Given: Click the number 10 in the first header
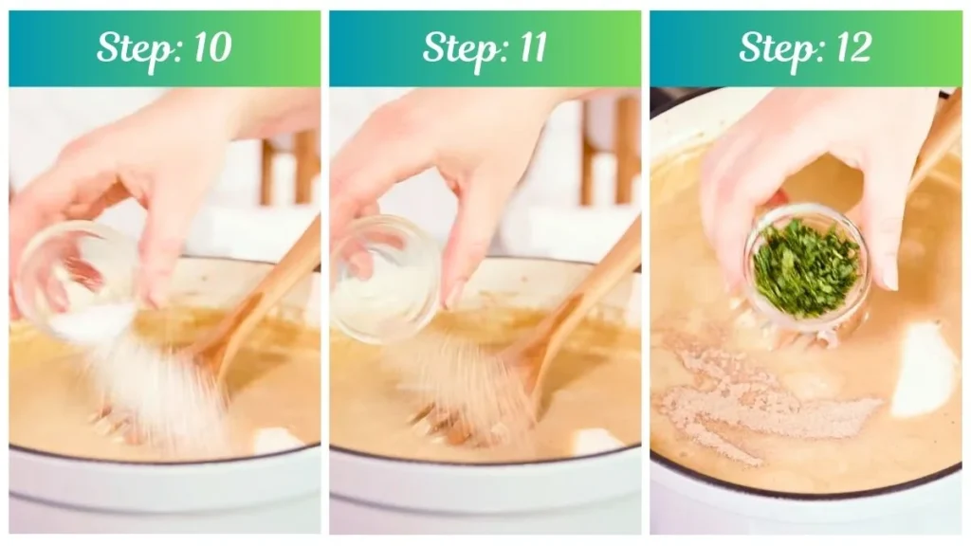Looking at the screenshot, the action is [212, 47].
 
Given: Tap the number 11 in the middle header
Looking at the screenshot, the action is [534, 47].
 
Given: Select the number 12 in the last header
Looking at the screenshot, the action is [854, 47].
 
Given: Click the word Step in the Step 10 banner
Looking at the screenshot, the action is [137, 49].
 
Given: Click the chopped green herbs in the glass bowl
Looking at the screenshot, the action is [805, 270].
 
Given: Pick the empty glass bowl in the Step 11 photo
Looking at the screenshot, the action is [385, 279].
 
